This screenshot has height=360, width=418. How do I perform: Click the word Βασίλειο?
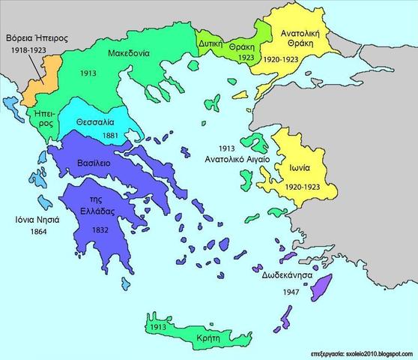click(95, 163)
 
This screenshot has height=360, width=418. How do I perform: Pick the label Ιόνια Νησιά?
click(34, 220)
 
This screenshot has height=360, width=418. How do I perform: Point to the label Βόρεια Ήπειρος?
click(34, 36)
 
